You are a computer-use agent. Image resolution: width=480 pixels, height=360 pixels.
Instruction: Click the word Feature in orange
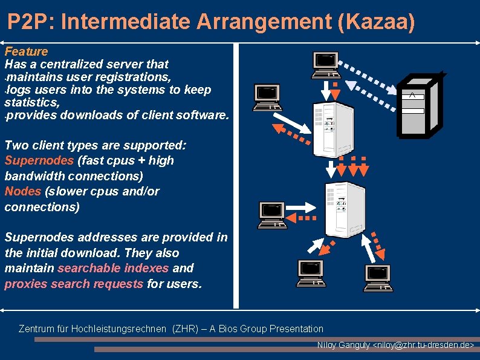(26, 51)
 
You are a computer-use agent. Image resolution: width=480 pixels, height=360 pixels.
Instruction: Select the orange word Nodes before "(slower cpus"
(22, 191)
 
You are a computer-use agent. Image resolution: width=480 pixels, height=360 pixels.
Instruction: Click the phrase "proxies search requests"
(74, 284)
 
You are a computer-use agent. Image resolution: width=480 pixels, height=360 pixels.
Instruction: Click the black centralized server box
(417, 106)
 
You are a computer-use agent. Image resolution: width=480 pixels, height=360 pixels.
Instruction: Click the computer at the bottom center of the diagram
(311, 273)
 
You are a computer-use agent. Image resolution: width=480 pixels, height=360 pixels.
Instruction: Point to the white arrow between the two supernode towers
(331, 166)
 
